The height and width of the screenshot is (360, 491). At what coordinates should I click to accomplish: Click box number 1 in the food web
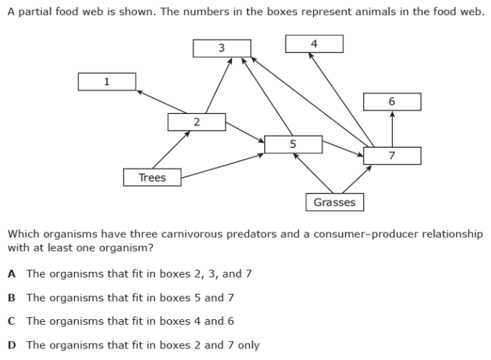(x=107, y=82)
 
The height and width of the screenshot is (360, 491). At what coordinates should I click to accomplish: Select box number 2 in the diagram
(x=197, y=122)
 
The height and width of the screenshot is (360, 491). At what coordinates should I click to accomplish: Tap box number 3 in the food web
(x=222, y=48)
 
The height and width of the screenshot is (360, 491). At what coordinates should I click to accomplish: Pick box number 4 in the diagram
(x=314, y=44)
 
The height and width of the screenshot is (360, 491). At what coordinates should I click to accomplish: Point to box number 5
(x=293, y=144)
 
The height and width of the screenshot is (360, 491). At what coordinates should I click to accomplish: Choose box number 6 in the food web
(x=392, y=102)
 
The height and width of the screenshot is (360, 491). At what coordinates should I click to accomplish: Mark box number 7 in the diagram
(x=392, y=156)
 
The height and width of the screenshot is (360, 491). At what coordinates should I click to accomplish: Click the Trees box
(x=152, y=177)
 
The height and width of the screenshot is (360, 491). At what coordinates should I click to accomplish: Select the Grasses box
(x=335, y=202)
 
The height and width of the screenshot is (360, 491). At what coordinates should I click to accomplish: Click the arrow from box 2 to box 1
(x=162, y=102)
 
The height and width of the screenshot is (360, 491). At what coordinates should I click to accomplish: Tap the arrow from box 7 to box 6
(x=392, y=129)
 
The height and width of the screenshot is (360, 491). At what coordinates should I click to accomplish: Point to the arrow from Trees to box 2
(x=172, y=150)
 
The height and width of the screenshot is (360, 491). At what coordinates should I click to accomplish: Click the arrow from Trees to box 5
(x=223, y=166)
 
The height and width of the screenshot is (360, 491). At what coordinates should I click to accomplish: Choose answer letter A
(x=11, y=274)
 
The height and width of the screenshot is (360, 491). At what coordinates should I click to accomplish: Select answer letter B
(x=11, y=298)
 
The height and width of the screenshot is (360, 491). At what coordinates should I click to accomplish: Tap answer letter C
(x=11, y=321)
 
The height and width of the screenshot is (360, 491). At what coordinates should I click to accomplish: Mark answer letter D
(x=12, y=346)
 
